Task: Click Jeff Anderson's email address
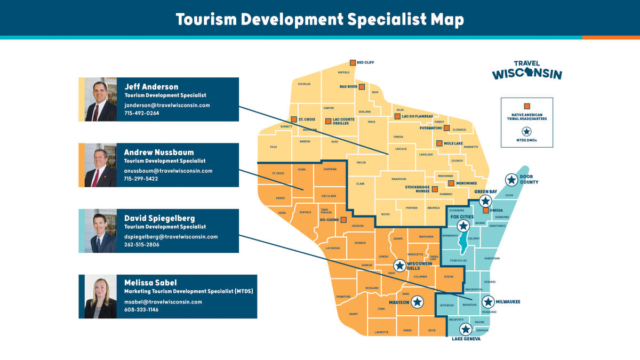167,105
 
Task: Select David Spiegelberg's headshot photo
101,231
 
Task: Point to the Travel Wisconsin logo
526,70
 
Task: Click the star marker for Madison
417,302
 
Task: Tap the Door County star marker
511,180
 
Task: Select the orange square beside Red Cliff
353,62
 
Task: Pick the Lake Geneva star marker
466,329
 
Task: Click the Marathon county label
399,179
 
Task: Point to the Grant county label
353,314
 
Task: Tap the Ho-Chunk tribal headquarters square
343,219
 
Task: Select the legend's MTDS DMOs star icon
526,132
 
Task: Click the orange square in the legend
526,106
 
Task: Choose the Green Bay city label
485,191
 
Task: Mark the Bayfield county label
343,72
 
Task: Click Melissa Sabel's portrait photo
101,297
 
